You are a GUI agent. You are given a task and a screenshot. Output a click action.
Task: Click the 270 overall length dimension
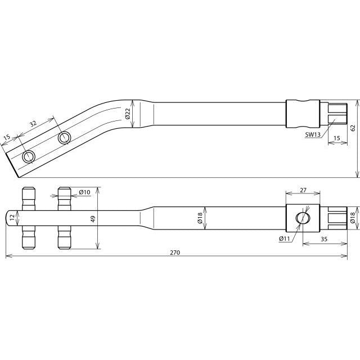click(x=175, y=253)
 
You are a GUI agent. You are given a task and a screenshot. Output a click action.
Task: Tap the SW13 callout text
click(x=313, y=135)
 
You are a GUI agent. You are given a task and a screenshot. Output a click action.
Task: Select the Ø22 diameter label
click(x=128, y=114)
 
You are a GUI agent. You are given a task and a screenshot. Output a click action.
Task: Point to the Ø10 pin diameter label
click(x=85, y=191)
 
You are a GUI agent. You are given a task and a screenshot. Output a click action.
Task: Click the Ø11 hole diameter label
click(x=285, y=238)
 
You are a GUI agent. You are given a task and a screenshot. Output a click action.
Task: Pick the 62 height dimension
click(x=353, y=128)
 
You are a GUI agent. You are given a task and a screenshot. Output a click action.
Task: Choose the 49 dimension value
click(x=93, y=219)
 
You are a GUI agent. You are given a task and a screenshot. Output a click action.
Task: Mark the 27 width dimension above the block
click(x=303, y=190)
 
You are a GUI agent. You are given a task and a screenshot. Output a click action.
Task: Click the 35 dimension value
click(x=324, y=239)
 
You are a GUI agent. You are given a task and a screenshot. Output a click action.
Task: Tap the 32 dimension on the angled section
click(x=33, y=124)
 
